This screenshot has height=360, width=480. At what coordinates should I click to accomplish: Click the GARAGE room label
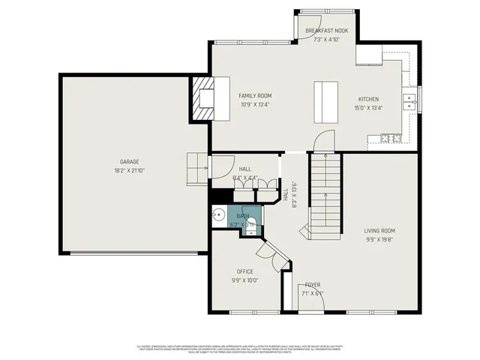[x=129, y=161]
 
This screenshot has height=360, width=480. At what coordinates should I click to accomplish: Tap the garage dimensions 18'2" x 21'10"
[x=129, y=171]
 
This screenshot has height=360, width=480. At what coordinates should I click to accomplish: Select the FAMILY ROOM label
[x=255, y=96]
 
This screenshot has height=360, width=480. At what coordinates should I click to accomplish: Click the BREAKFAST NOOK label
[x=326, y=31]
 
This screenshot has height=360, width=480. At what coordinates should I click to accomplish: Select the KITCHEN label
[x=368, y=99]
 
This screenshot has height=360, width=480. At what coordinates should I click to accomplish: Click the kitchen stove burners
[x=391, y=138]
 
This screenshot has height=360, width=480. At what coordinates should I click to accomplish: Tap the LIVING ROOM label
[x=379, y=231]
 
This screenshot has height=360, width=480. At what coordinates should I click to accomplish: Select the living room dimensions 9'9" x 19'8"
[x=379, y=241]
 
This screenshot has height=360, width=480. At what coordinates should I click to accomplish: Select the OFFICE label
[x=244, y=271]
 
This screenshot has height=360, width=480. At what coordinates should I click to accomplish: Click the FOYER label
[x=313, y=285]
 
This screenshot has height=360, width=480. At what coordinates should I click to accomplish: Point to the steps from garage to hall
[x=196, y=166]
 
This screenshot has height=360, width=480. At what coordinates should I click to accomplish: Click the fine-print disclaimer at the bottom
[x=240, y=349]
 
